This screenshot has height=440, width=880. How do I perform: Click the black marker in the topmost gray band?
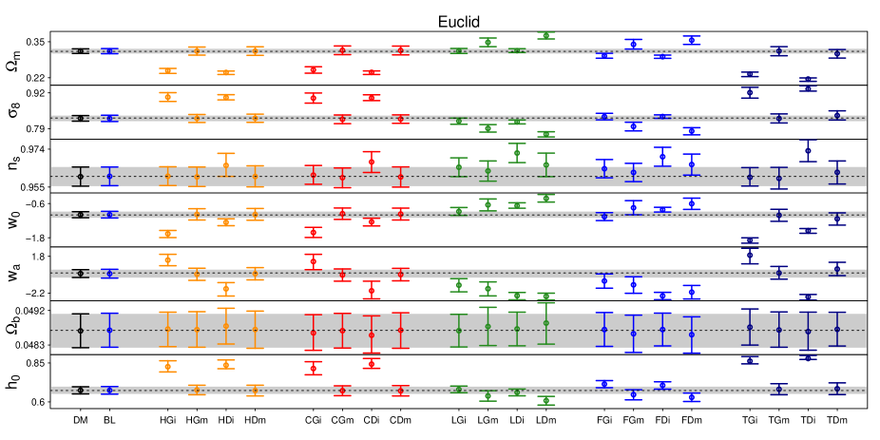(80, 51)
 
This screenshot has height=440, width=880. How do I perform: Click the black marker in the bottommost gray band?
(80, 390)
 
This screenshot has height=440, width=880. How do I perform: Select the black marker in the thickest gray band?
(80, 331)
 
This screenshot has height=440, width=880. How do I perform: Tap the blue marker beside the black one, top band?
(109, 51)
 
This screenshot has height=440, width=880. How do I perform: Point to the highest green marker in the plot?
(545, 35)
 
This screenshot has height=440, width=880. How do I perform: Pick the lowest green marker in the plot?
(545, 401)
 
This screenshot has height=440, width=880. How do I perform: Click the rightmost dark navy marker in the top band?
(837, 52)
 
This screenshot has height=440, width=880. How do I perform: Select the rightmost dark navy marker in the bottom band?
(837, 389)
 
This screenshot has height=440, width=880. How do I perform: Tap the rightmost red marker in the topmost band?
(400, 50)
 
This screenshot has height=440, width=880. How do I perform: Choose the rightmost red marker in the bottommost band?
(400, 391)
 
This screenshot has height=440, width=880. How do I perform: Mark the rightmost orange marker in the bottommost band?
(255, 390)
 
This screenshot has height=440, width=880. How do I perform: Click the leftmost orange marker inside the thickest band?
(167, 330)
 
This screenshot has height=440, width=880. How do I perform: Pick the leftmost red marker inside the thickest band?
(313, 333)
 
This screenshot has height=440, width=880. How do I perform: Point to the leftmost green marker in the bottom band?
(458, 389)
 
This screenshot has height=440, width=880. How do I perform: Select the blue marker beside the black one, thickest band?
(109, 331)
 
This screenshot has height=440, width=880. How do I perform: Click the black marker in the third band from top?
(80, 176)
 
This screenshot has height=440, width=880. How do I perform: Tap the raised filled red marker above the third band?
(372, 162)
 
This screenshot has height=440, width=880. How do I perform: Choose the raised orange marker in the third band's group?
(225, 165)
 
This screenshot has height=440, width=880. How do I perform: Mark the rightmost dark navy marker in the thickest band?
(837, 330)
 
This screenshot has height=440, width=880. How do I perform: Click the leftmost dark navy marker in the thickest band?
(750, 327)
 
